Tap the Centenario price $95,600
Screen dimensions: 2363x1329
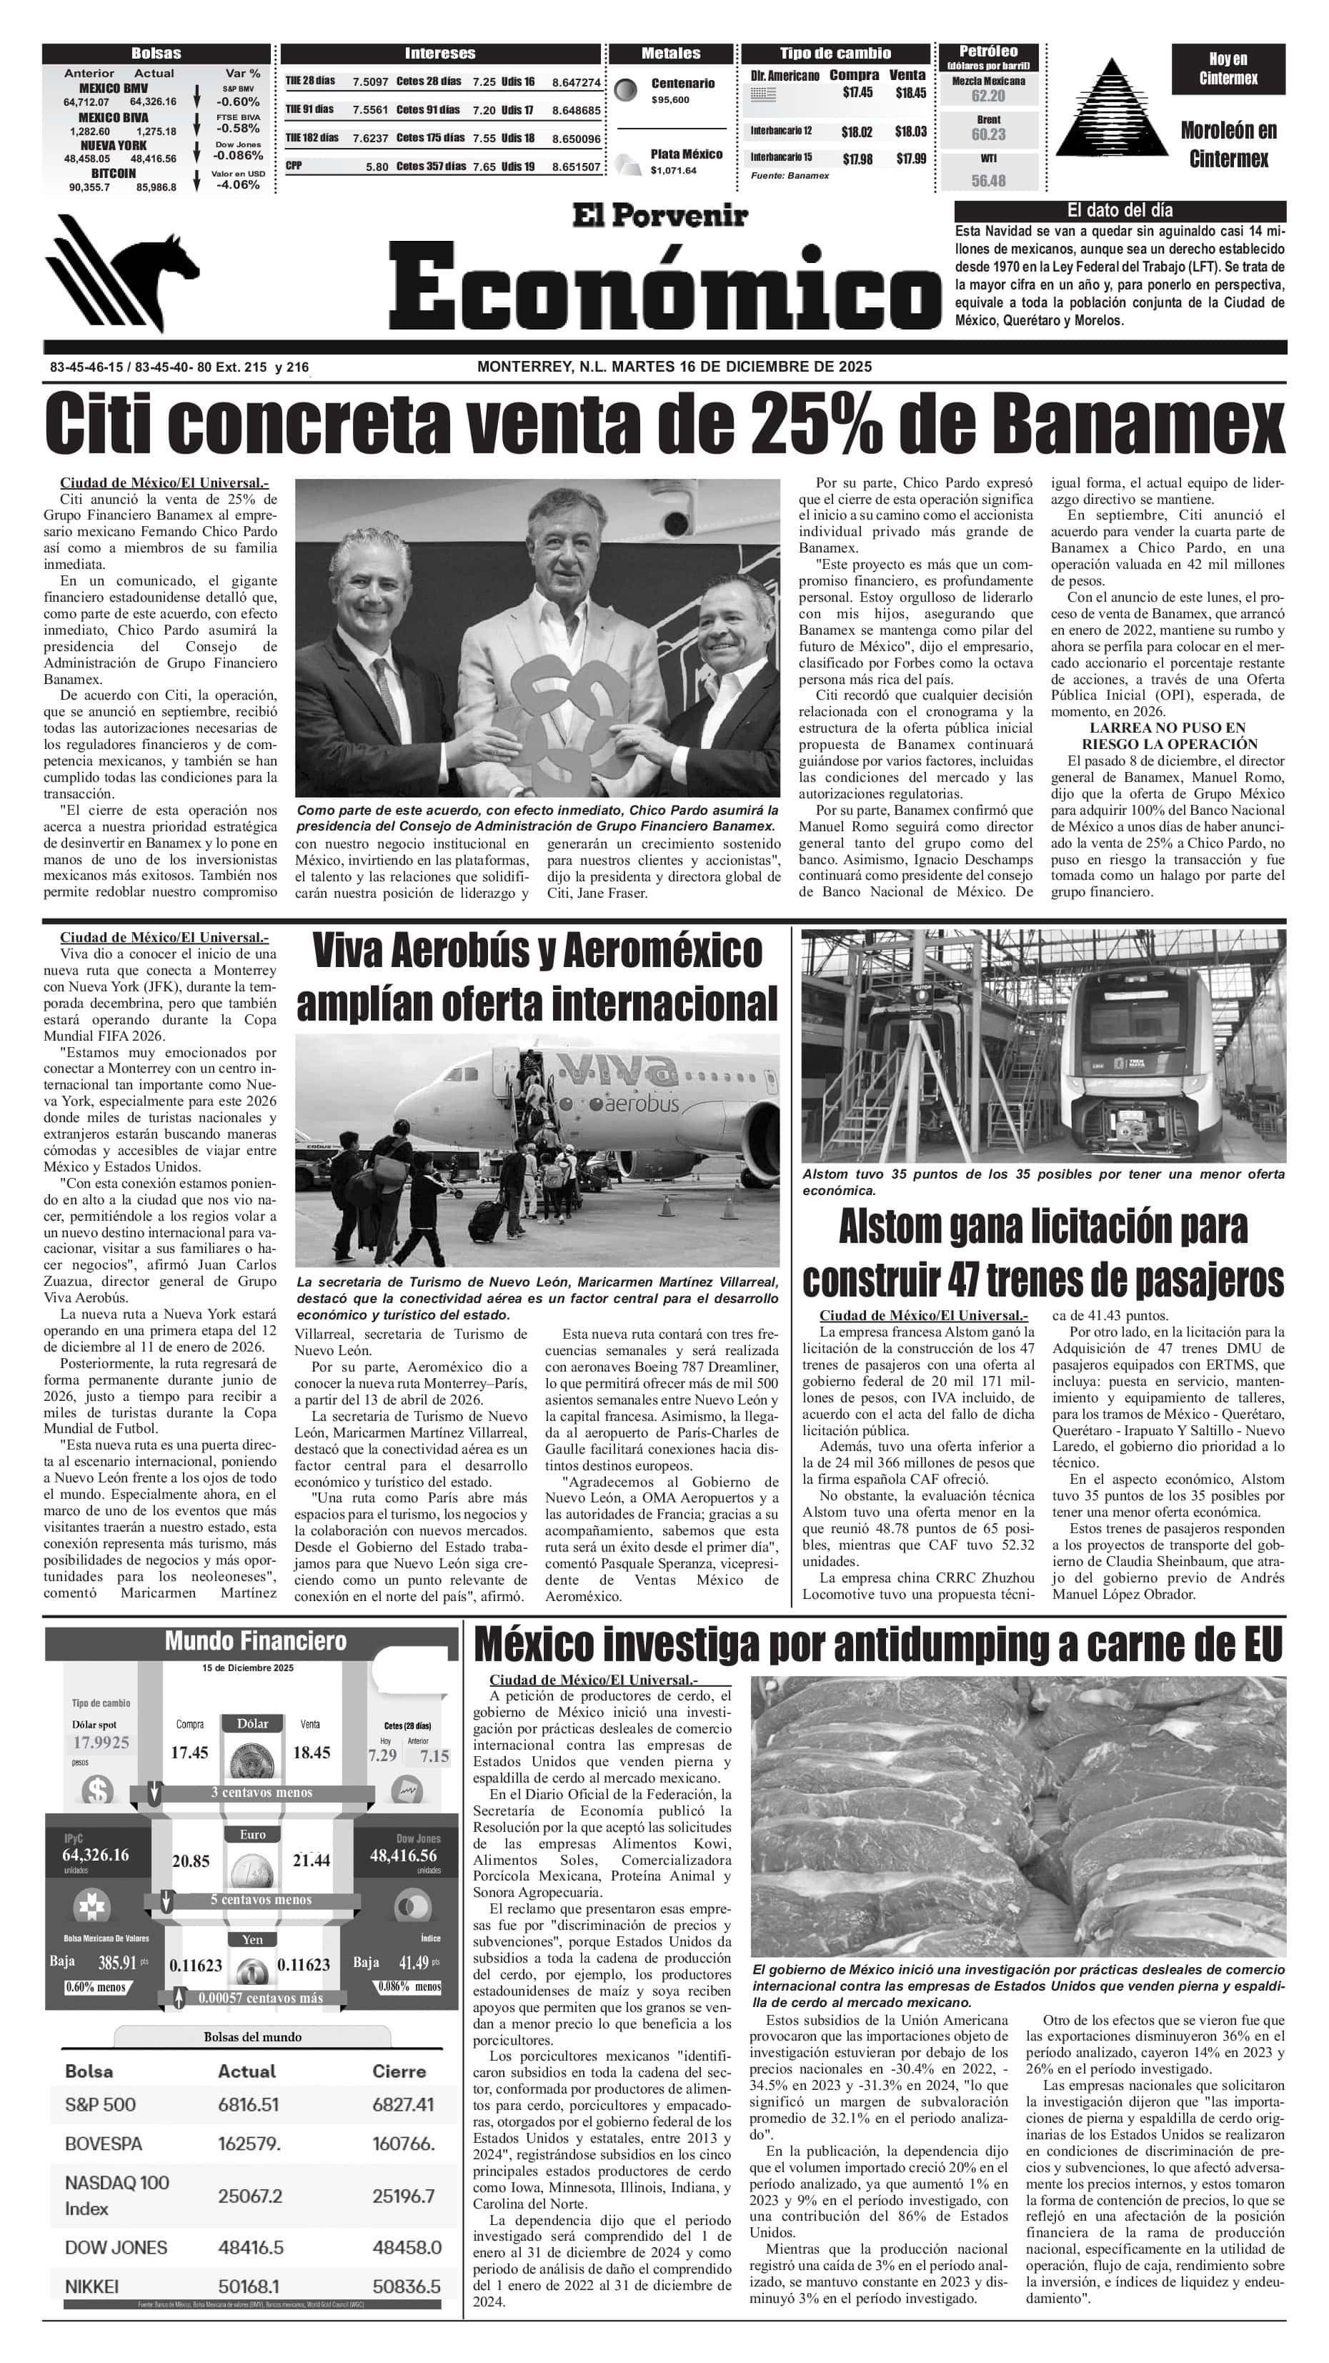click(670, 100)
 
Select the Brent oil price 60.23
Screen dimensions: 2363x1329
click(987, 135)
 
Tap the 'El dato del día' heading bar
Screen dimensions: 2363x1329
click(1120, 210)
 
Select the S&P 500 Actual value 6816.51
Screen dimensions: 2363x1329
click(248, 2104)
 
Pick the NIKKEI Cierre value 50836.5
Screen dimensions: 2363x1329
click(407, 2287)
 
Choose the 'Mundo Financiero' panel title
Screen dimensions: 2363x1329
click(256, 1641)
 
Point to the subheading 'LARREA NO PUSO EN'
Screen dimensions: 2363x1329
click(1168, 728)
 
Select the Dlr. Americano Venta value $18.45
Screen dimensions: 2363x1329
click(910, 93)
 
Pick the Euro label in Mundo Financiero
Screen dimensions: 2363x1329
click(252, 1835)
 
